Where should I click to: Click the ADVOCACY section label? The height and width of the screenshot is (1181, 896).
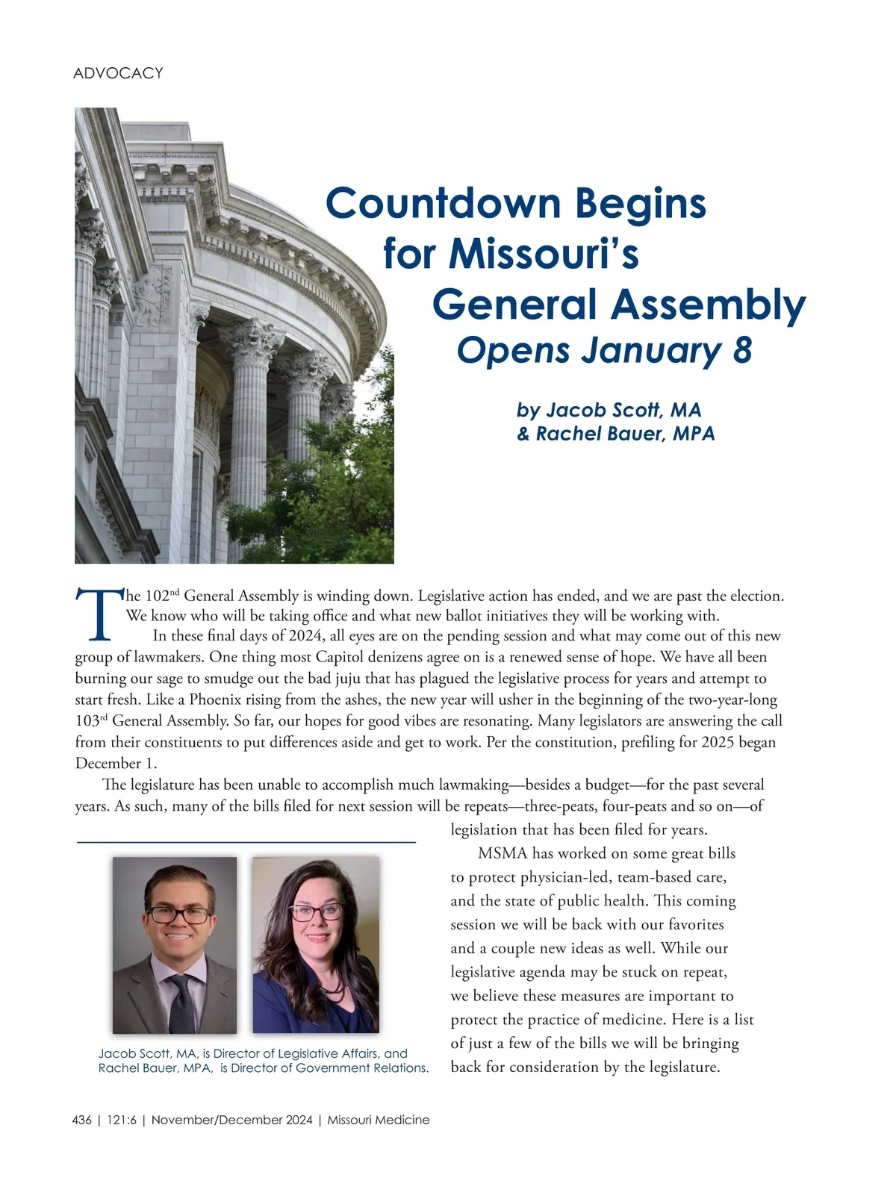pos(118,73)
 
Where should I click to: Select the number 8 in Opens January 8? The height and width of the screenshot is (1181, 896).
pos(741,351)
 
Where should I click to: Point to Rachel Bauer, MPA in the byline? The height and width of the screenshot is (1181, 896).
pos(626,434)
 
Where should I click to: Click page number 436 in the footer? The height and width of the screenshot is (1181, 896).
pos(82,1120)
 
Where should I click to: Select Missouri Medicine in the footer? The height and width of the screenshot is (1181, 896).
pos(379,1120)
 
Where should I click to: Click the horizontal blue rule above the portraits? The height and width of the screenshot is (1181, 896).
pos(246,842)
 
